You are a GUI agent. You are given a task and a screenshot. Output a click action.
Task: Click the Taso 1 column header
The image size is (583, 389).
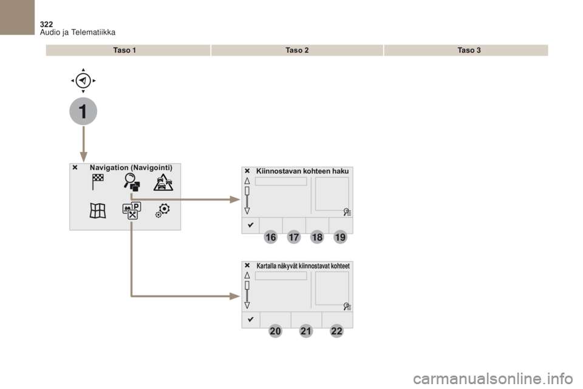pos(124,50)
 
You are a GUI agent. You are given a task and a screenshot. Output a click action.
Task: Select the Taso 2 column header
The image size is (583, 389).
pos(297,50)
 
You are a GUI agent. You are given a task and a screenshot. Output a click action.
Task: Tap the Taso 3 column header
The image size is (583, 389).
pos(469,50)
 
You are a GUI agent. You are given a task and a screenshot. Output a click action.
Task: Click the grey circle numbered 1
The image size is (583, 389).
pos(83,111)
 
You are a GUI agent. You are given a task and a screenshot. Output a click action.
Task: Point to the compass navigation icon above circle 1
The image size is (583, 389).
pos(83,80)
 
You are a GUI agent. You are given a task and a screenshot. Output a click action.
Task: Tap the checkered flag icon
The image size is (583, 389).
pos(98,182)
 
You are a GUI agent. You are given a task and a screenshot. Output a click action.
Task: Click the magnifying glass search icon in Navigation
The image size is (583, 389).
pos(132,182)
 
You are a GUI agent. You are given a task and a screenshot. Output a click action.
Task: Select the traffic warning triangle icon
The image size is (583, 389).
pos(163,182)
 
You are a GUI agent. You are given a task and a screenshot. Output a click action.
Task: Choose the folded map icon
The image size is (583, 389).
pos(98,211)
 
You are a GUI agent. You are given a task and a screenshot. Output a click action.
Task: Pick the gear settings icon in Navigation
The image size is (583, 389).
pos(163,210)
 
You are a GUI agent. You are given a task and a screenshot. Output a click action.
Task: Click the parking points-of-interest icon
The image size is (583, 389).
pos(132,211)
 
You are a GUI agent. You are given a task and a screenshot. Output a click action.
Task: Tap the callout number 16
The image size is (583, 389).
pos(271,237)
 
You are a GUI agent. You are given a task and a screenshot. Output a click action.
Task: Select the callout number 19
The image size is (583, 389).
pos(340,237)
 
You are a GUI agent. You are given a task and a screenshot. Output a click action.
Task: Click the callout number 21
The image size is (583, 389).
pos(306,331)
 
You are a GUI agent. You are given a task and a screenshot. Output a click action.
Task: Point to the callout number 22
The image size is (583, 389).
pos(336,331)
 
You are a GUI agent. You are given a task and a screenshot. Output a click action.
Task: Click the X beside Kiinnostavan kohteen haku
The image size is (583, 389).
pos(247,171)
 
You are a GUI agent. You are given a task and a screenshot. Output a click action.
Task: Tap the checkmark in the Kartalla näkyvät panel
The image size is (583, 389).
pos(251,319)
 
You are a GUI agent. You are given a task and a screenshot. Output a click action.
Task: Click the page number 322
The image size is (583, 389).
pos(46,24)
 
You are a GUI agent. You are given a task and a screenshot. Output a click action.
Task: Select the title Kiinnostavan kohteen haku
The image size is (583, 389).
pos(302,171)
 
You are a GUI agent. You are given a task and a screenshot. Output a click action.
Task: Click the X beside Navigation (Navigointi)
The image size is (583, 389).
pos(75,168)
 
